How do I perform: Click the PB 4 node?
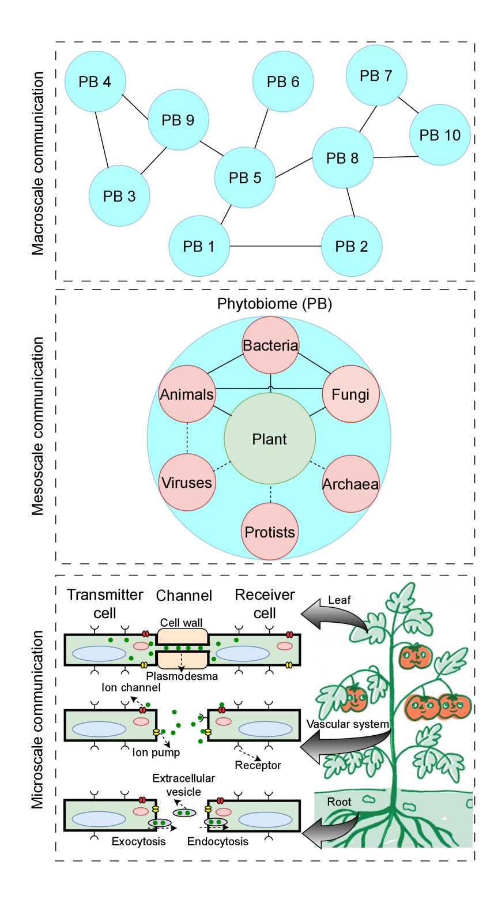tap(95, 82)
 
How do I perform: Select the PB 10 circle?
tap(440, 135)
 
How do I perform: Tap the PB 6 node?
tap(283, 82)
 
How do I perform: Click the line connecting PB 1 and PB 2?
tap(276, 246)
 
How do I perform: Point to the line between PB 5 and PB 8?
tap(294, 167)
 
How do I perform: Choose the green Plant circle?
tap(270, 439)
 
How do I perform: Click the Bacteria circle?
tap(270, 345)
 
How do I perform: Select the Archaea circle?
tap(350, 484)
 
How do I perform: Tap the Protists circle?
tap(270, 532)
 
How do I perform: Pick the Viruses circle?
tap(187, 483)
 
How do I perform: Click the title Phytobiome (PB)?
tap(274, 304)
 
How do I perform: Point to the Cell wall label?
tap(181, 623)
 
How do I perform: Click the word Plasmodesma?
tap(182, 676)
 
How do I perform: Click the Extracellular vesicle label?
tap(183, 785)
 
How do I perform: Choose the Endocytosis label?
tap(218, 841)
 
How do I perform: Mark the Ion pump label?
tap(156, 752)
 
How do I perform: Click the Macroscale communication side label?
tap(38, 163)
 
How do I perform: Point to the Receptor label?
tap(258, 765)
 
